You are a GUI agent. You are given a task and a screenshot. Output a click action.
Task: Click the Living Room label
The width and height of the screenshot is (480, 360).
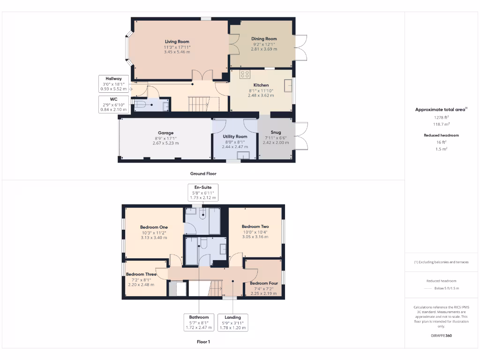[x=177, y=42]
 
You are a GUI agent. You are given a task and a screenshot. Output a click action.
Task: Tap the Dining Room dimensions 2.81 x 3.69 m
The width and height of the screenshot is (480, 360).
[x=264, y=49]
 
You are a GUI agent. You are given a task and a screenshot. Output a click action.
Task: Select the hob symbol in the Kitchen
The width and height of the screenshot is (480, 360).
[x=245, y=74]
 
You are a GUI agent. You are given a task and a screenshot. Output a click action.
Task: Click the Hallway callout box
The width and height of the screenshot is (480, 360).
[x=113, y=83]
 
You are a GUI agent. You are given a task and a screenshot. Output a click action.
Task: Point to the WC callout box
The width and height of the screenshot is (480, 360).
[x=113, y=104]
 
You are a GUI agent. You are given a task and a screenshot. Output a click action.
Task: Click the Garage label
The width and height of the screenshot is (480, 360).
[x=165, y=133]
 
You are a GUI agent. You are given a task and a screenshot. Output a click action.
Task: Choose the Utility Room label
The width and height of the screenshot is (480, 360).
[x=235, y=136]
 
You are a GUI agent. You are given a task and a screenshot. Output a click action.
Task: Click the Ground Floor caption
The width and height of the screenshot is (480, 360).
[x=203, y=173]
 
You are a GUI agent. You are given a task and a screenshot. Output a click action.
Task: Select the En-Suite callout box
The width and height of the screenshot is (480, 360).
[x=203, y=193]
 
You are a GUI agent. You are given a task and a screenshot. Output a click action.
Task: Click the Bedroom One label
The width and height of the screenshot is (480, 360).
[x=154, y=227]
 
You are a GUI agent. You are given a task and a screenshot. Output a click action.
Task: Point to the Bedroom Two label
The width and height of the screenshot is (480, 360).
[x=255, y=226]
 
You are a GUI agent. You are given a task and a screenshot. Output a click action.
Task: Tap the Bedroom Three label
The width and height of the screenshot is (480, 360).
[x=141, y=274]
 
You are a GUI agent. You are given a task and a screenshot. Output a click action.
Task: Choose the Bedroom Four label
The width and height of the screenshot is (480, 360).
[x=263, y=284]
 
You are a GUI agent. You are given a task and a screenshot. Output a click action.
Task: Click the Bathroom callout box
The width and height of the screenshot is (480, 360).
[x=199, y=322]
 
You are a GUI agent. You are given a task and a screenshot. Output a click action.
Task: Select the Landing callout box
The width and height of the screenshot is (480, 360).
[x=232, y=322]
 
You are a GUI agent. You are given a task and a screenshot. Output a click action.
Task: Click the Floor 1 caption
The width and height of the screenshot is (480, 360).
[x=203, y=342]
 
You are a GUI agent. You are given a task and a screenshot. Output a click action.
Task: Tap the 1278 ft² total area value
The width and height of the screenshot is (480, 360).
[x=441, y=118]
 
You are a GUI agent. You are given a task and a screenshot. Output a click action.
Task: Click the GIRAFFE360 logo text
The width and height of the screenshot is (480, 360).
[x=442, y=336]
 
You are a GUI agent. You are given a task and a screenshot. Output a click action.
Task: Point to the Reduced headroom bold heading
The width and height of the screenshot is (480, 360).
[x=441, y=135]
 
